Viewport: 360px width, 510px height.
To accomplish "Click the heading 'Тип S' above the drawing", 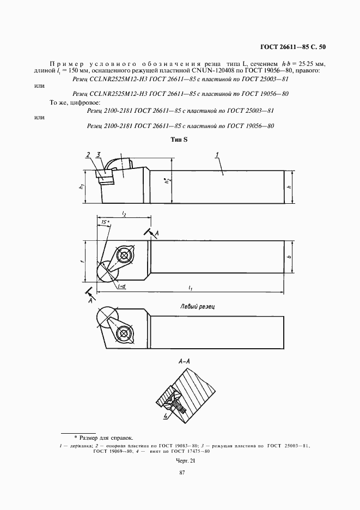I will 179,140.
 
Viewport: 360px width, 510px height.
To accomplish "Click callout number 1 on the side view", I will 217,155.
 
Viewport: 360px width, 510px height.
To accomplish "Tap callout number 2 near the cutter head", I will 88,155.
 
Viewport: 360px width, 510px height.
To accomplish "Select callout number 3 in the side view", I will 98,155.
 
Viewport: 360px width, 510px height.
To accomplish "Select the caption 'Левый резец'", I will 197,307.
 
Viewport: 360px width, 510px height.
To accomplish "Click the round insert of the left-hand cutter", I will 106,317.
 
